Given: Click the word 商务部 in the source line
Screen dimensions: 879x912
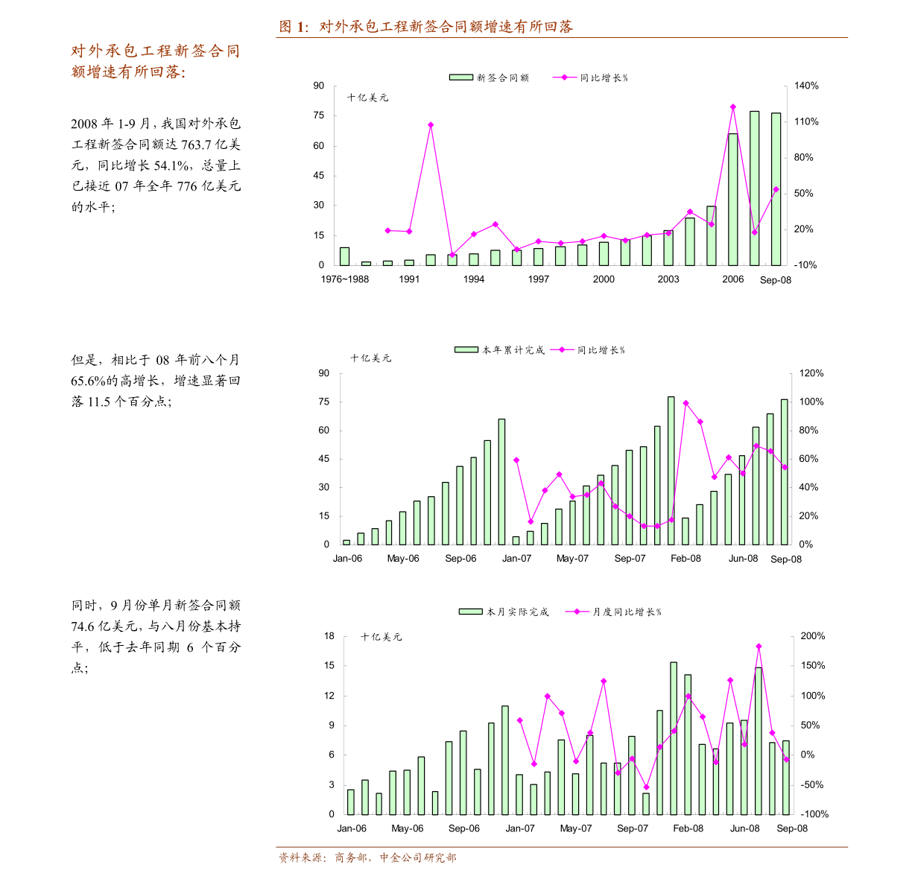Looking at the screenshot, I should coord(350,858).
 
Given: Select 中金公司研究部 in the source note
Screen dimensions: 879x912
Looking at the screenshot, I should coord(417,858).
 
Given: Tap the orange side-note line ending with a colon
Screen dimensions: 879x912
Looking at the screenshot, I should coord(128,72).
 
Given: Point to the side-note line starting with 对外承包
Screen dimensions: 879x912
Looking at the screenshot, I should coord(155,51).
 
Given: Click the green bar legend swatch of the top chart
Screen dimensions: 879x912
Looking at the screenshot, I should coord(461,77).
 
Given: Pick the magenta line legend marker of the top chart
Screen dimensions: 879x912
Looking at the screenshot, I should coord(564,77).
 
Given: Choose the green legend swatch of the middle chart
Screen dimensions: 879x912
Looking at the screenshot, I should coord(466,349).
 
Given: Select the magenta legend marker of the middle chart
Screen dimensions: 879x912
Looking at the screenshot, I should coord(562,349).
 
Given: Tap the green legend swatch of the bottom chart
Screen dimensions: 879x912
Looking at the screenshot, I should coord(471,612).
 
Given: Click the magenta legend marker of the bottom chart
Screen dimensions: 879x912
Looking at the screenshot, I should coord(577,612).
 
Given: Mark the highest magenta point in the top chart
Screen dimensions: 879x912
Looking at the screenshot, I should coord(733,107).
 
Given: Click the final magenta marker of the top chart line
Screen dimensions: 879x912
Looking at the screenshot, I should coord(776,189).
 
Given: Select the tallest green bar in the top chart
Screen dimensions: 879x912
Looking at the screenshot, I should coord(754,188).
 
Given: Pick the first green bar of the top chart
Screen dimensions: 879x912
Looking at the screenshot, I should coord(344,256).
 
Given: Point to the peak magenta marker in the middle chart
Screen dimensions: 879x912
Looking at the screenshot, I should coord(685,403).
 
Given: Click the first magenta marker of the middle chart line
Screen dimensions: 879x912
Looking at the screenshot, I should coord(516,460).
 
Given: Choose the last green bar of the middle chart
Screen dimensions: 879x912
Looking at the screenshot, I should coord(784,472).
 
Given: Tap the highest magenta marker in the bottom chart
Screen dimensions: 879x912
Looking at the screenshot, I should coord(759,646).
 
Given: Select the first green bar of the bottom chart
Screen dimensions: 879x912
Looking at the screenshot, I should coord(351,802).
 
